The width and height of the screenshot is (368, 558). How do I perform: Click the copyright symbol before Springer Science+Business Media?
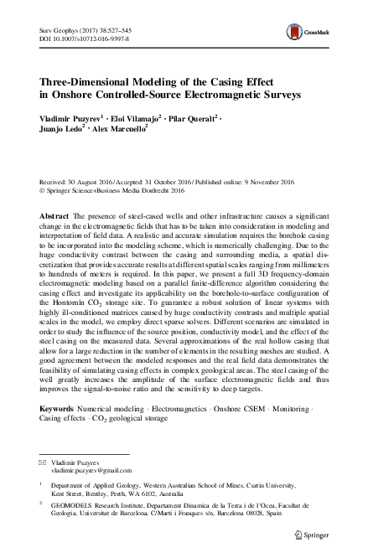coord(43,189)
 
